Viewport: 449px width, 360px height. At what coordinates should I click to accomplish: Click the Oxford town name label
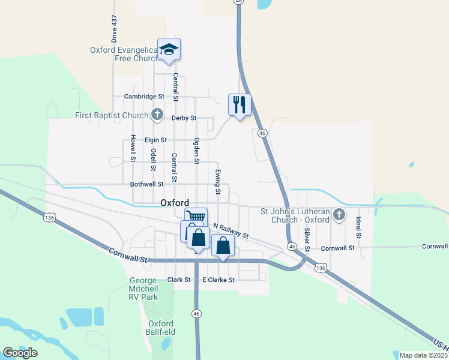pos(175,203)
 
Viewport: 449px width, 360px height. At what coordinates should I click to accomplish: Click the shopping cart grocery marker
pos(196,217)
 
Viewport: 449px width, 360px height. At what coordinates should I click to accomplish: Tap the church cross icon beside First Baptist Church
pos(157,114)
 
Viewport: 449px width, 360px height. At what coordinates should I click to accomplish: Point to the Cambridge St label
pos(144,97)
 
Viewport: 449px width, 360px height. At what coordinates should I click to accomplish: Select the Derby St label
pos(184,118)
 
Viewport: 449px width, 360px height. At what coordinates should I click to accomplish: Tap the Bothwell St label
pos(147,185)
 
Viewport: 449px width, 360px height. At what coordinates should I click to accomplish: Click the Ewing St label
pos(218,182)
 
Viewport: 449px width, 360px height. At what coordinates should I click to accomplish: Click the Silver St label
pos(307,239)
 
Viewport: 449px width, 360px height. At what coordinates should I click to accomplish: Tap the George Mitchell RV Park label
pos(144,289)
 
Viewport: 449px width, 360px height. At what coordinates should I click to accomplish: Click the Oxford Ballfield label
pos(161,328)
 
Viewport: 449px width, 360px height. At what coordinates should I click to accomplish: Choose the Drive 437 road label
pos(113,28)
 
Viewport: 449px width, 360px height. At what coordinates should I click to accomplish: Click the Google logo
pos(20,353)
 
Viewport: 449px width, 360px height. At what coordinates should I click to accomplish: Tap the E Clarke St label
pos(218,280)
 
